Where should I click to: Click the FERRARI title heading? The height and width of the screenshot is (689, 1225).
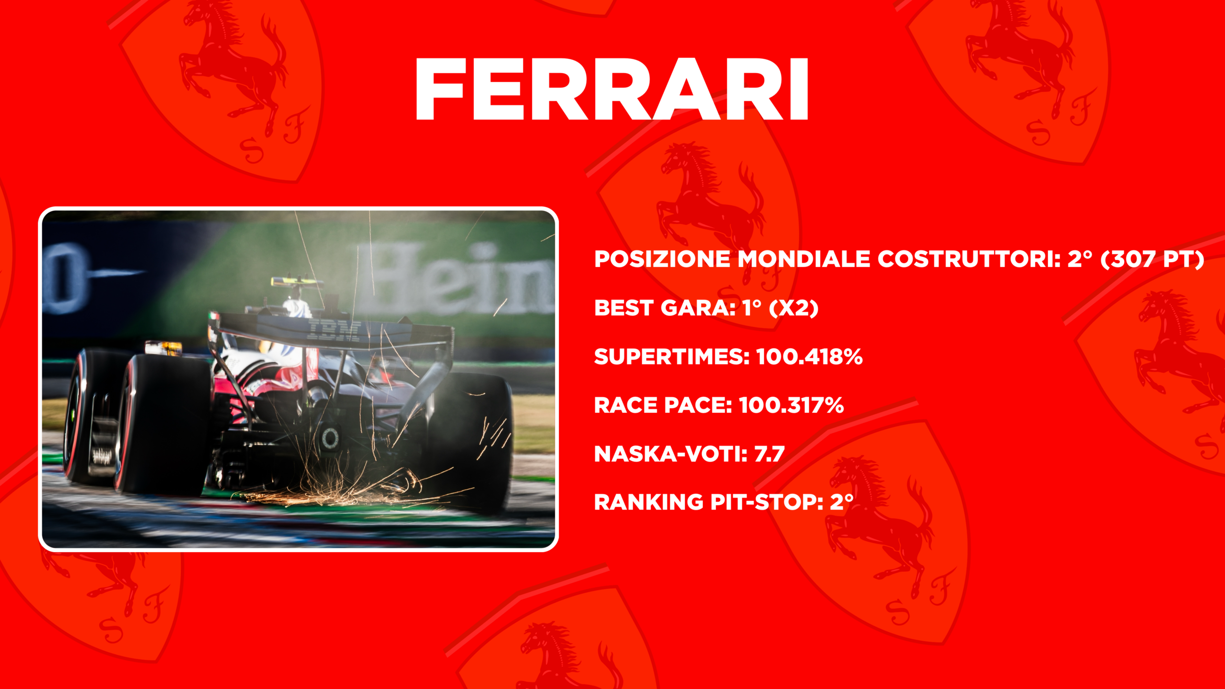[612, 89]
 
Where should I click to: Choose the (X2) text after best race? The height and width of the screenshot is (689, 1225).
[793, 308]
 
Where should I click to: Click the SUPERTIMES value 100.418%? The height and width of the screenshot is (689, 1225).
[810, 357]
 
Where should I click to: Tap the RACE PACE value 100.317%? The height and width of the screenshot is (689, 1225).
[791, 406]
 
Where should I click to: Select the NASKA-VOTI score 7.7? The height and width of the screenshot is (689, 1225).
[769, 454]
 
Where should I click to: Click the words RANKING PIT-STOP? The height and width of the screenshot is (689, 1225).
[709, 502]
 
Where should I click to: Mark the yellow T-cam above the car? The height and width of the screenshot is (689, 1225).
[297, 282]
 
